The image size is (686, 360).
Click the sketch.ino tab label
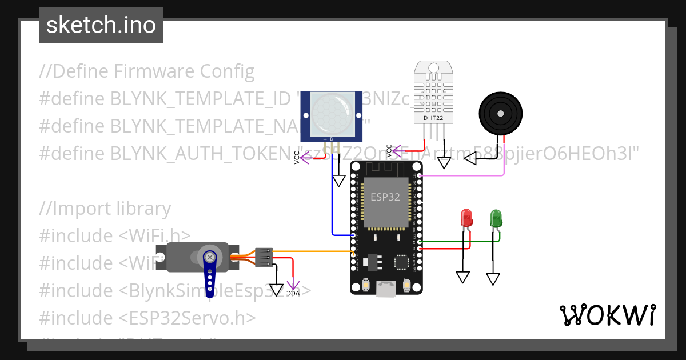101,25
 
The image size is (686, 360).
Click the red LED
466,218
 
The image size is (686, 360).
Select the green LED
496,218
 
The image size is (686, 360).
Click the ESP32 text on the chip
385,197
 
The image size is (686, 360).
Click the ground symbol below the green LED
493,279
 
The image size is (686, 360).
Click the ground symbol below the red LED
463,277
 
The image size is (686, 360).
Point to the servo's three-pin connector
264,258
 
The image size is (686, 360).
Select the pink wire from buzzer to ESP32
463,175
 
